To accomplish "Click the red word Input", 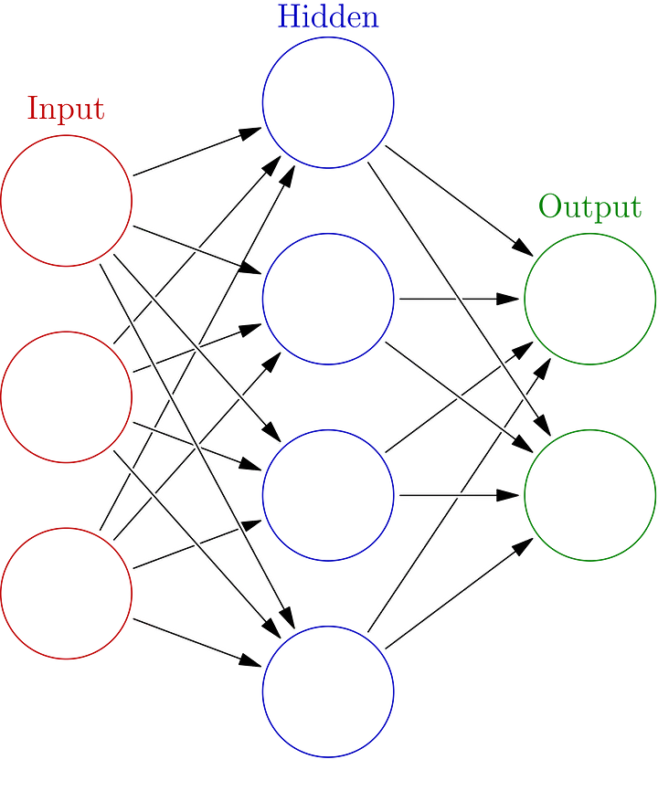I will coord(66,109).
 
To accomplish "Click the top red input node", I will coord(67,200).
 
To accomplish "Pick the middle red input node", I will coord(67,396).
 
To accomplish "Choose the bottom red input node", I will coord(67,593).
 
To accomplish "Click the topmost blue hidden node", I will coord(327,102).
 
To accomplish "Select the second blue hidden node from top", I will coord(327,299).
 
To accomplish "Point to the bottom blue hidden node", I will coord(327,691).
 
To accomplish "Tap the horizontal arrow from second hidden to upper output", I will coord(457,299).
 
